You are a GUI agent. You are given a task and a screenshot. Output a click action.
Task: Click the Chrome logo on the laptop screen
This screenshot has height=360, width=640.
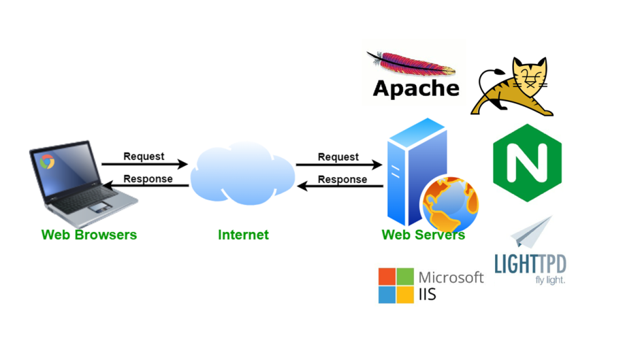point(46,161)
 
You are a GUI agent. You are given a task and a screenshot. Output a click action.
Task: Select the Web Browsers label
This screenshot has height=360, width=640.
point(89,235)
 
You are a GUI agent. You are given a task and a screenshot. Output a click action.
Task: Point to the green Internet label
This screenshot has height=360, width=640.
point(243,235)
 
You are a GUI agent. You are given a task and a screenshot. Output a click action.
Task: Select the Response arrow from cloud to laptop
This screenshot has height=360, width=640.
point(144,186)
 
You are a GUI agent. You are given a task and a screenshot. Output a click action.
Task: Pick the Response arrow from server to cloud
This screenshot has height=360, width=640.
point(340,187)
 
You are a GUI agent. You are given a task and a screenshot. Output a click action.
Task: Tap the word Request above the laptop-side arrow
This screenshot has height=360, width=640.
point(144,156)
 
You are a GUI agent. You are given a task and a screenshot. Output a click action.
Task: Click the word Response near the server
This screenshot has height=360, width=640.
point(342,178)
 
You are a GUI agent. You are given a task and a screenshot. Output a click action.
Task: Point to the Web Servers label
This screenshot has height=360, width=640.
point(423,235)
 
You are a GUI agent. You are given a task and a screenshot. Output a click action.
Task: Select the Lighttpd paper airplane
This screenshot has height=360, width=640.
point(533,233)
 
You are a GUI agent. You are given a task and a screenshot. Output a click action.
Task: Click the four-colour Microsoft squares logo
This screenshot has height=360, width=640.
point(396,286)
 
